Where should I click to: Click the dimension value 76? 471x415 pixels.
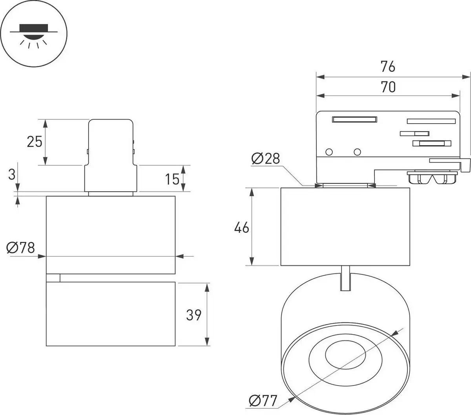pyautogui.click(x=387, y=67)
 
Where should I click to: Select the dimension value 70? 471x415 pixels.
pyautogui.click(x=388, y=87)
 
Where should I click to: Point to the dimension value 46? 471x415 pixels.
pyautogui.click(x=241, y=227)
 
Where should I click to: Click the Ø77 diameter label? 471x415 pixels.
pyautogui.click(x=263, y=400)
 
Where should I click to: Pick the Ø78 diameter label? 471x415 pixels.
pyautogui.click(x=21, y=248)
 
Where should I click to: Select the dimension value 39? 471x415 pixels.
pyautogui.click(x=194, y=314)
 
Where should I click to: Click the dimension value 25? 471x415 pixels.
pyautogui.click(x=34, y=141)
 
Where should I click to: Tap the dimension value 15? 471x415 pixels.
pyautogui.click(x=172, y=179)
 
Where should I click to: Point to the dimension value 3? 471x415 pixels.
pyautogui.click(x=12, y=174)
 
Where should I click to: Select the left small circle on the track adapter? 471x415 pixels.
pyautogui.click(x=329, y=152)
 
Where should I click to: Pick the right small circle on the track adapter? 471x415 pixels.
pyautogui.click(x=357, y=152)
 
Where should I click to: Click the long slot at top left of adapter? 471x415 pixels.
pyautogui.click(x=354, y=119)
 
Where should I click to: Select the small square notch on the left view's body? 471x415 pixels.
pyautogui.click(x=53, y=278)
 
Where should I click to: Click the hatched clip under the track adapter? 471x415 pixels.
pyautogui.click(x=433, y=178)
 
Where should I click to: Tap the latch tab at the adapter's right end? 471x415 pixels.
pyautogui.click(x=466, y=165)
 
